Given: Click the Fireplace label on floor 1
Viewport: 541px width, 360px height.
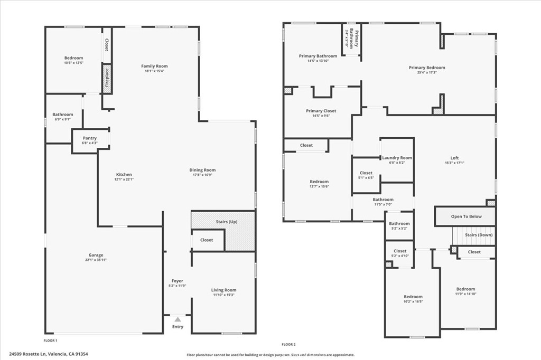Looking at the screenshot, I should pos(107,78).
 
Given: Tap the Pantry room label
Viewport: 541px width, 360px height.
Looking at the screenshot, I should pos(90,138).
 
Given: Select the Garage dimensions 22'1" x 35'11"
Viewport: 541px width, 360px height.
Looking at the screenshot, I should pos(96,260).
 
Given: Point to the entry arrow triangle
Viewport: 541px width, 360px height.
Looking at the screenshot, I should pos(178,319).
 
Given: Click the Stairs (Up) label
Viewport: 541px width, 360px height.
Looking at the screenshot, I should pos(226,222).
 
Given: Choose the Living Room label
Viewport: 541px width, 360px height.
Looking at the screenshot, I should pos(223,290).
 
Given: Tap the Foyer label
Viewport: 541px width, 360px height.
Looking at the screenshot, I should pos(178,281).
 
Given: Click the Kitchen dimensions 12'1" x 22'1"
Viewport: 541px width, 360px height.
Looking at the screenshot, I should pos(124,179).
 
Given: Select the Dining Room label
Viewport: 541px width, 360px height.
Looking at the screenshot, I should pos(202,170).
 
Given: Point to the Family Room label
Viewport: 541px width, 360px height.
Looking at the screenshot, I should pos(154,66).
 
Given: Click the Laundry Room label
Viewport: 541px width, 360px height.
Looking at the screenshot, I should pos(397,158).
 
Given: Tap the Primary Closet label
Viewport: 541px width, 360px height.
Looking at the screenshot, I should pos(321,111).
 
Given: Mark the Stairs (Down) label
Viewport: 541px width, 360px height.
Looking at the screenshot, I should pos(479,235).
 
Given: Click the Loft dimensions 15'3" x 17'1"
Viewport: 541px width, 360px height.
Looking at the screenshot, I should pos(454,163).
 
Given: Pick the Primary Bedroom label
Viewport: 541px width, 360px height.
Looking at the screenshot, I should pos(427,68).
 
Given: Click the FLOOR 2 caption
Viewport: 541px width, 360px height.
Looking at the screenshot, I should pos(288,344).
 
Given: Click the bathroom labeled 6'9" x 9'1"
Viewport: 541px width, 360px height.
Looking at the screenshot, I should pos(63,115).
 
